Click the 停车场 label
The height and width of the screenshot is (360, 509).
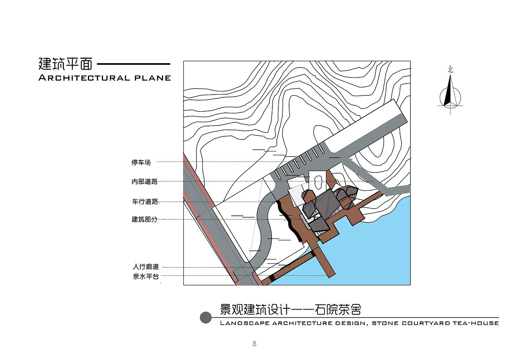(141, 163)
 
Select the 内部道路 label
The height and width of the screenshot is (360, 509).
(144, 182)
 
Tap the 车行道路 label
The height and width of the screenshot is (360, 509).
(145, 201)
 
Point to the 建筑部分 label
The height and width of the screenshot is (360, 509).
(144, 219)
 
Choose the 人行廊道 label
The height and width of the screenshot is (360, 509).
(146, 267)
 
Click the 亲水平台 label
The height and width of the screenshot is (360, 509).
(146, 277)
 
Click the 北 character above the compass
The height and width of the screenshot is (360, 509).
(451, 70)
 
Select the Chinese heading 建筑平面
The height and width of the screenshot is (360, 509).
(66, 64)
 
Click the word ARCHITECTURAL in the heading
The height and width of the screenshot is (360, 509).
(84, 78)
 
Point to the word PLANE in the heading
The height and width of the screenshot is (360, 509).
(152, 78)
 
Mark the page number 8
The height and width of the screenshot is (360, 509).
(254, 344)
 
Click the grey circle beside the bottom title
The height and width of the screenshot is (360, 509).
(206, 317)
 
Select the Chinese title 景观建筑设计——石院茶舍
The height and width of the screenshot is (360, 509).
(290, 310)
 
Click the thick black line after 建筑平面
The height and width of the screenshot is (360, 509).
(134, 64)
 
